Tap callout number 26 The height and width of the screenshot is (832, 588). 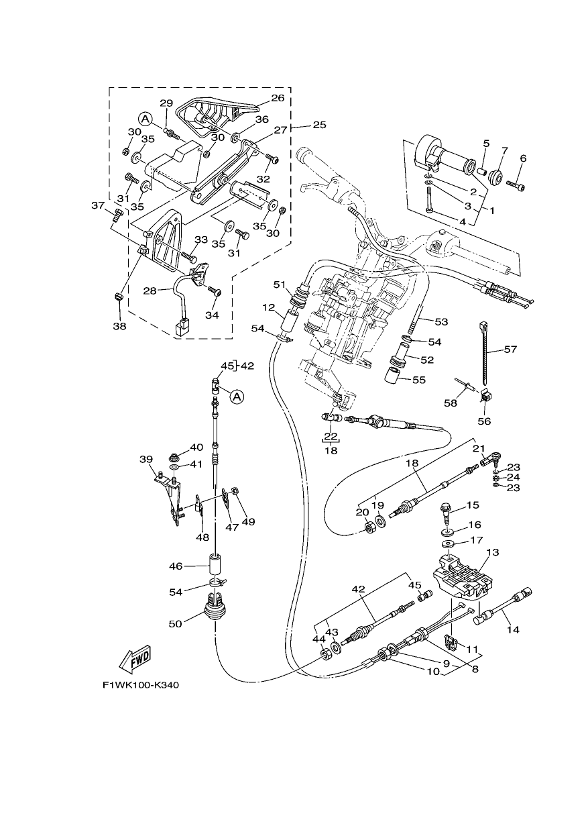(278, 98)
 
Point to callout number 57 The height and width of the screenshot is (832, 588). (510, 349)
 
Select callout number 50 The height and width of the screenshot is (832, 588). (175, 623)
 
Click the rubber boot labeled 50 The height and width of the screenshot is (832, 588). (215, 609)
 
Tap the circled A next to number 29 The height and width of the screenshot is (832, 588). (145, 119)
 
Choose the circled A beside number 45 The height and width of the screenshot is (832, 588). (237, 397)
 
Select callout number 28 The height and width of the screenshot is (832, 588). (150, 291)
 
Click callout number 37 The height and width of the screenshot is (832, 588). (98, 205)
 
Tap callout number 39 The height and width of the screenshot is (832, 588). (146, 460)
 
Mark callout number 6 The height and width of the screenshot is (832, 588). (523, 158)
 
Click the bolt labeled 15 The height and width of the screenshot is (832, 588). (445, 513)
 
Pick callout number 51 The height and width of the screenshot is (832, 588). (279, 284)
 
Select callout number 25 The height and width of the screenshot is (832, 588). (320, 125)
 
